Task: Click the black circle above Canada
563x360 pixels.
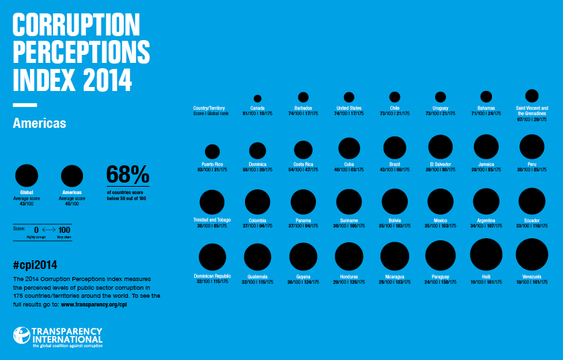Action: click(x=258, y=98)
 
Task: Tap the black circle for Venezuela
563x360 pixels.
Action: click(x=532, y=255)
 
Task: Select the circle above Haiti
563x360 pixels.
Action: click(x=486, y=254)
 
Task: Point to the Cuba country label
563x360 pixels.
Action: click(x=349, y=164)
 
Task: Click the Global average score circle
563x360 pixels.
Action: click(x=27, y=176)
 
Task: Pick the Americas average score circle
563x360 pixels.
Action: click(x=72, y=176)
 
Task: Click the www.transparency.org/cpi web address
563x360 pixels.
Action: click(x=94, y=304)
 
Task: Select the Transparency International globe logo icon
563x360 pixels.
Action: click(x=22, y=335)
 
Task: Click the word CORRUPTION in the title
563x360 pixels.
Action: click(x=76, y=25)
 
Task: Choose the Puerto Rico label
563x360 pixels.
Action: click(x=212, y=165)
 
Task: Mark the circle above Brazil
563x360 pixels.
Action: click(x=394, y=148)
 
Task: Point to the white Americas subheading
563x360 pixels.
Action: click(x=39, y=123)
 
